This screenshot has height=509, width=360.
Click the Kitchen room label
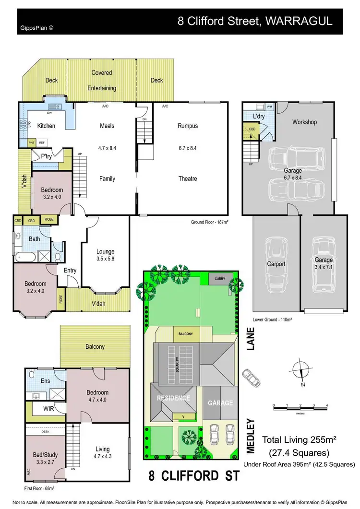(x=46, y=126)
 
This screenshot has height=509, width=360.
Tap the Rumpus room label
(x=187, y=126)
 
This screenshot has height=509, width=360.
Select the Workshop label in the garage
(x=304, y=122)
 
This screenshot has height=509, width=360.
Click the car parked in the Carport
(x=276, y=263)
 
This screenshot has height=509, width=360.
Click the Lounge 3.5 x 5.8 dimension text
(x=105, y=259)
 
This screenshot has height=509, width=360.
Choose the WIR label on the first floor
(x=49, y=409)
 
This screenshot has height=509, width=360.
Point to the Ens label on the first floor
(x=46, y=381)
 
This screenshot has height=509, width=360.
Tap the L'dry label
(x=259, y=116)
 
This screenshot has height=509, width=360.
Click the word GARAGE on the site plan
(x=220, y=403)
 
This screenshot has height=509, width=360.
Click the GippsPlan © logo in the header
(x=36, y=27)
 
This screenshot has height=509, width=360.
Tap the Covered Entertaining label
(x=102, y=80)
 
